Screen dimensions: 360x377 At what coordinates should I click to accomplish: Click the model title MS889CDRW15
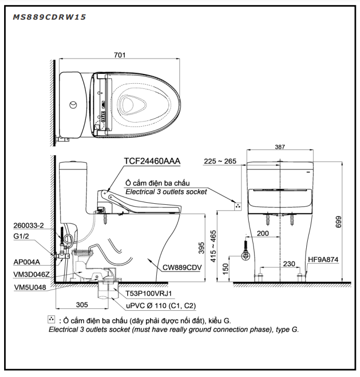pos(49,17)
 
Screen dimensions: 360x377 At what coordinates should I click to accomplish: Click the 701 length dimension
pos(119,55)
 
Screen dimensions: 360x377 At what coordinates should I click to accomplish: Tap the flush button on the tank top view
pos(73,105)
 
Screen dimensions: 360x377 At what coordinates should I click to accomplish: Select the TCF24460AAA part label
pos(152,161)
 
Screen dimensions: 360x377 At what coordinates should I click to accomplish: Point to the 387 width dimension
pos(280,147)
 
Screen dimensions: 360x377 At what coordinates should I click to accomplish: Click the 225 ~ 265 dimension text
pos(220,161)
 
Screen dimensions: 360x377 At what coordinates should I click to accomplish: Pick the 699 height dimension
pos(338,222)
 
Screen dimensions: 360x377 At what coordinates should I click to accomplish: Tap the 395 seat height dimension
pos(201,248)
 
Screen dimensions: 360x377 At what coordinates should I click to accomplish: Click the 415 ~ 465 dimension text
pos(213,246)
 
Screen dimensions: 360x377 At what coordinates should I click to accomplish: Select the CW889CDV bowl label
pos(182,267)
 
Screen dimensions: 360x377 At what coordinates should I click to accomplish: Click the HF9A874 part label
pos(323,260)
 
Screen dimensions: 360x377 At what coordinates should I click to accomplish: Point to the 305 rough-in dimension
pos(82,305)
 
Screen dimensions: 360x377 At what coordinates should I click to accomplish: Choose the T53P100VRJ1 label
pos(148,293)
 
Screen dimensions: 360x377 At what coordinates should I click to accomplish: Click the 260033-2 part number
pos(28,225)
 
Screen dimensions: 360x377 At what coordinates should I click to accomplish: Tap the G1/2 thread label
pos(21,236)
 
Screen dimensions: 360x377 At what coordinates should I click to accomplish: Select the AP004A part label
pos(27,262)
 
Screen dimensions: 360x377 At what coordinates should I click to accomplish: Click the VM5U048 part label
pos(30,288)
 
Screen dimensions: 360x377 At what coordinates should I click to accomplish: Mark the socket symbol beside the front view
pos(238,206)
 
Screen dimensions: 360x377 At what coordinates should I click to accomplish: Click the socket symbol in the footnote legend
pos(51,319)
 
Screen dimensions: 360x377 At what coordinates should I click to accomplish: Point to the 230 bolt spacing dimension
pos(289,264)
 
